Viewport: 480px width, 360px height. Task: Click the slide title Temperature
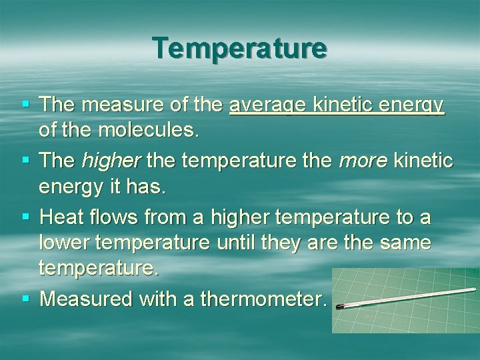[239, 48]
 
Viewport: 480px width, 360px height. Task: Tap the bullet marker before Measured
[25, 299]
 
